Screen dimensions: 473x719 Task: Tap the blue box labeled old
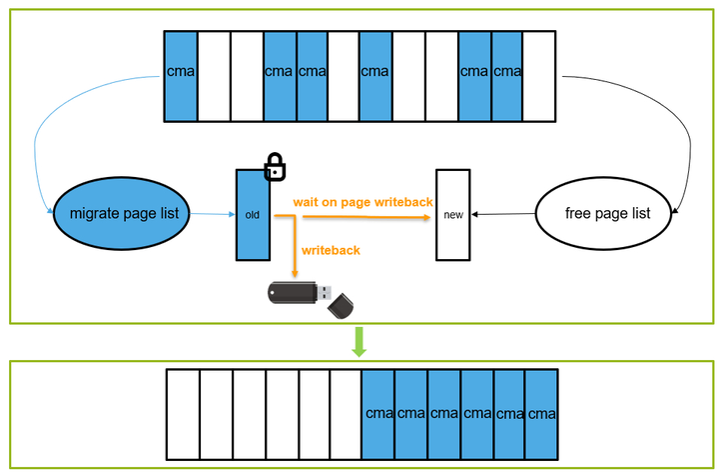coord(253,214)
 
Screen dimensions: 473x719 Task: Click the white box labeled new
coord(453,215)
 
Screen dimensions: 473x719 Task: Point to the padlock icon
coord(274,168)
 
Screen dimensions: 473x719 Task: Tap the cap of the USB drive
coord(344,304)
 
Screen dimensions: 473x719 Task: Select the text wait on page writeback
coord(362,202)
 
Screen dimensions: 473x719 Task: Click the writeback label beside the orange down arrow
coord(333,250)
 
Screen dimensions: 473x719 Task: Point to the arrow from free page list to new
coord(504,214)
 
